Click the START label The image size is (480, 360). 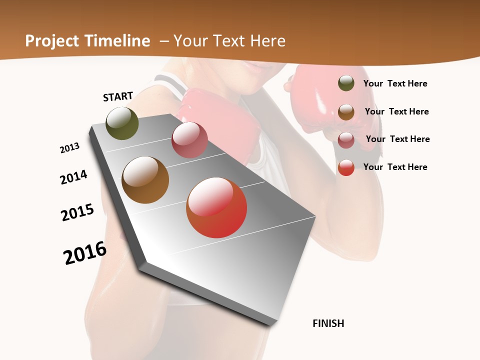118,96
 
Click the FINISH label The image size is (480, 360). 328,323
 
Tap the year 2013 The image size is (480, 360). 69,148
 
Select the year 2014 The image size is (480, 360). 73,177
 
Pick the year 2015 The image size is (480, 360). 77,212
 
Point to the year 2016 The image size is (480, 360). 85,253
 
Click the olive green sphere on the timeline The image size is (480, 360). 122,123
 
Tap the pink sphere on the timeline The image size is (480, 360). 189,140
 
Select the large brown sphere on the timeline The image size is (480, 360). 145,180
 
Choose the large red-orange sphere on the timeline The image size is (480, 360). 216,207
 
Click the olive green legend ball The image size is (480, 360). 346,83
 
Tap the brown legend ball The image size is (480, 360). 346,112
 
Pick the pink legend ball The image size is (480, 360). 346,140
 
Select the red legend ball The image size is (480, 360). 346,167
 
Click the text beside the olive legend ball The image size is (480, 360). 395,83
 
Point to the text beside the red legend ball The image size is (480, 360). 395,167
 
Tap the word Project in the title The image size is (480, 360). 51,41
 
